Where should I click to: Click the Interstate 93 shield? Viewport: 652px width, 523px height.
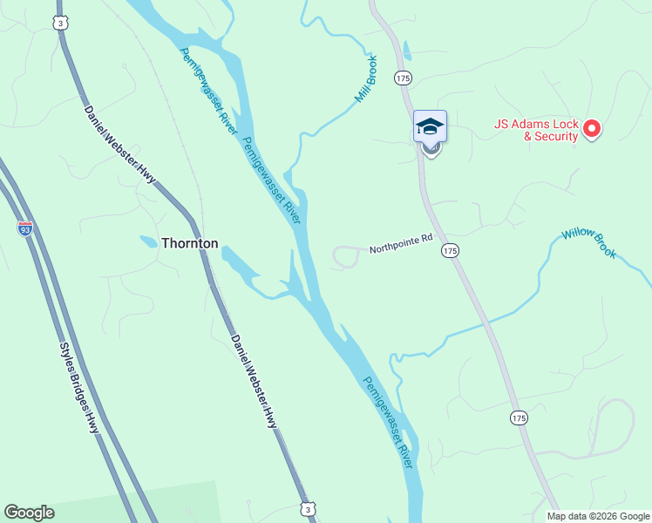point(25,228)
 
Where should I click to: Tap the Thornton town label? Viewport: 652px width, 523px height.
point(189,244)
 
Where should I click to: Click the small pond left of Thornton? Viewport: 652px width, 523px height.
point(148,241)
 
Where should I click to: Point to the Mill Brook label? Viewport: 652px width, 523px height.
point(366,80)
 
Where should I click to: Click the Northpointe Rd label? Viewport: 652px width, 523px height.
point(400,248)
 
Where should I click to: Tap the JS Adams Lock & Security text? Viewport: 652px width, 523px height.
point(536,130)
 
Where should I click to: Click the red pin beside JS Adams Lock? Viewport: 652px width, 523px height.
point(592,130)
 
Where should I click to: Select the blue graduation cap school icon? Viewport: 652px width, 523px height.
point(429,126)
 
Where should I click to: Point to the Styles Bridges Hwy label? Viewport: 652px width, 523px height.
point(79,388)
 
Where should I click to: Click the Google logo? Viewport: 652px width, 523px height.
point(29,513)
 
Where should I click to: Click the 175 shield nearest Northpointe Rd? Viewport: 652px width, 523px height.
point(449,251)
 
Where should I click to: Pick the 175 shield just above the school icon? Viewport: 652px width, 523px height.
point(402,78)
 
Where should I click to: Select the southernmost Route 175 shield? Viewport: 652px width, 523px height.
point(519,418)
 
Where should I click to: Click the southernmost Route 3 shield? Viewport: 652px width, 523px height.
point(307,508)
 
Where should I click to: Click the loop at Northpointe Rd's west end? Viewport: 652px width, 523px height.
point(346,257)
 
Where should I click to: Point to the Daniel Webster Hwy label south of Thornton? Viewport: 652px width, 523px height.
point(254,381)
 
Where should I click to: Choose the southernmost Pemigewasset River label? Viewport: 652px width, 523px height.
point(388,422)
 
